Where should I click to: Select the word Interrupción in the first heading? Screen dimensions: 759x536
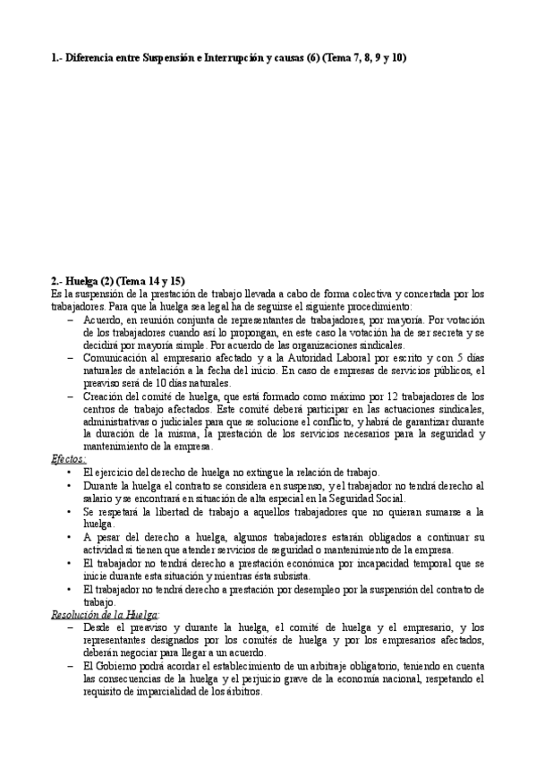pyautogui.click(x=233, y=58)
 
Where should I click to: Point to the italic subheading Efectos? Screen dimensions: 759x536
pyautogui.click(x=69, y=458)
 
